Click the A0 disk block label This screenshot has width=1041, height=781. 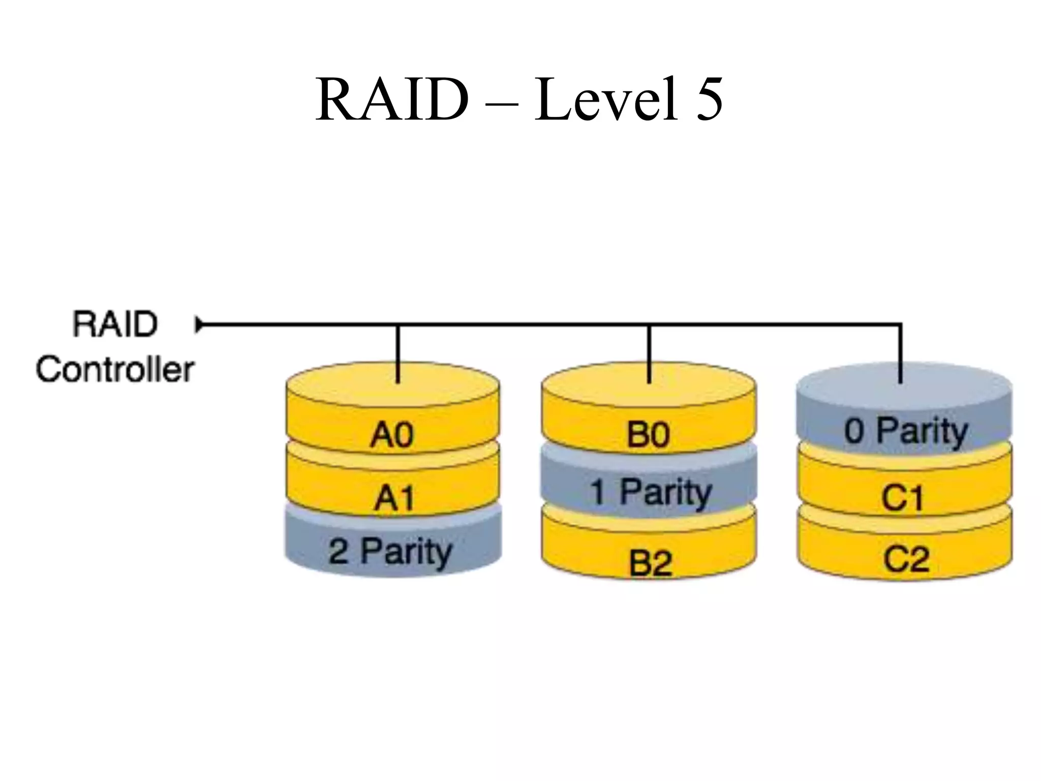tap(392, 436)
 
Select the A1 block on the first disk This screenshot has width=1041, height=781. tap(394, 498)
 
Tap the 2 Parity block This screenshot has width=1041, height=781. tap(390, 552)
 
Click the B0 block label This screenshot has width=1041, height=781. tap(648, 436)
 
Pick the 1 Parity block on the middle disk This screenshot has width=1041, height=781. tap(651, 492)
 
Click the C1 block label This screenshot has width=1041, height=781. tap(902, 498)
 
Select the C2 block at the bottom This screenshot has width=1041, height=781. tap(906, 559)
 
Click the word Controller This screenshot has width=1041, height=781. tap(115, 369)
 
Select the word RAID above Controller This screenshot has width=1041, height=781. tap(115, 324)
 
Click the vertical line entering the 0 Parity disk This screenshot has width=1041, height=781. tap(900, 356)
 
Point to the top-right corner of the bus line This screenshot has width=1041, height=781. tap(900, 324)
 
